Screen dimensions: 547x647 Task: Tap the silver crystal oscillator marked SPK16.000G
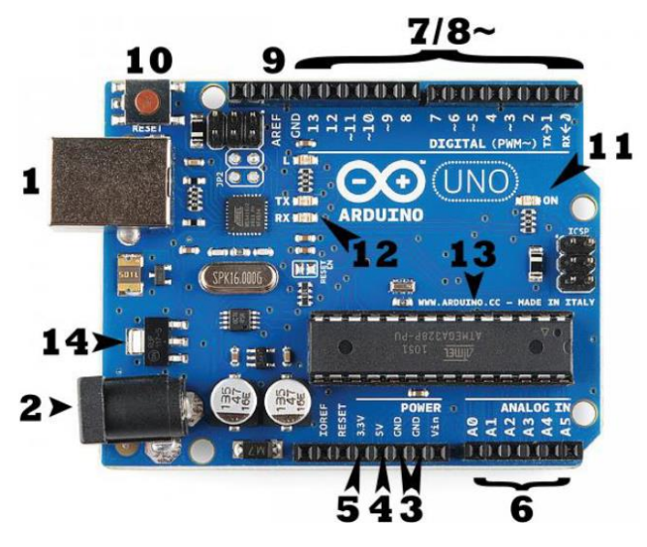[234, 279]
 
